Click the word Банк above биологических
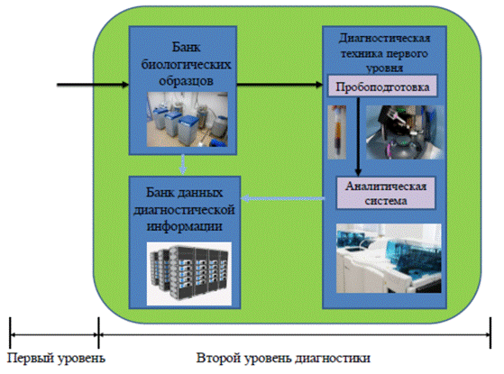[x=187, y=47]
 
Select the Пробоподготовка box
[x=382, y=87]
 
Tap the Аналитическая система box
[x=386, y=194]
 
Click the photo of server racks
[x=189, y=273]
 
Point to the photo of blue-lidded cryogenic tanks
[x=188, y=120]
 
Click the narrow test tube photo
[x=337, y=132]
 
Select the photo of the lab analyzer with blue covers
[x=389, y=259]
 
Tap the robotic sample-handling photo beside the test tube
[x=405, y=132]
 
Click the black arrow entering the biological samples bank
[x=93, y=85]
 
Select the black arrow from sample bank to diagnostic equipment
[x=279, y=85]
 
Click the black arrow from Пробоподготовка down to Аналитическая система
[x=358, y=137]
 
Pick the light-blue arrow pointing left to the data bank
[x=282, y=198]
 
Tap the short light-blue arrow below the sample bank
[x=183, y=165]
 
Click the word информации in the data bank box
[x=185, y=226]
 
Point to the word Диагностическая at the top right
[x=384, y=38]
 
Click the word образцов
[x=186, y=81]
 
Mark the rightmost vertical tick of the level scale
[x=490, y=333]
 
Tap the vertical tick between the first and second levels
[x=98, y=333]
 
